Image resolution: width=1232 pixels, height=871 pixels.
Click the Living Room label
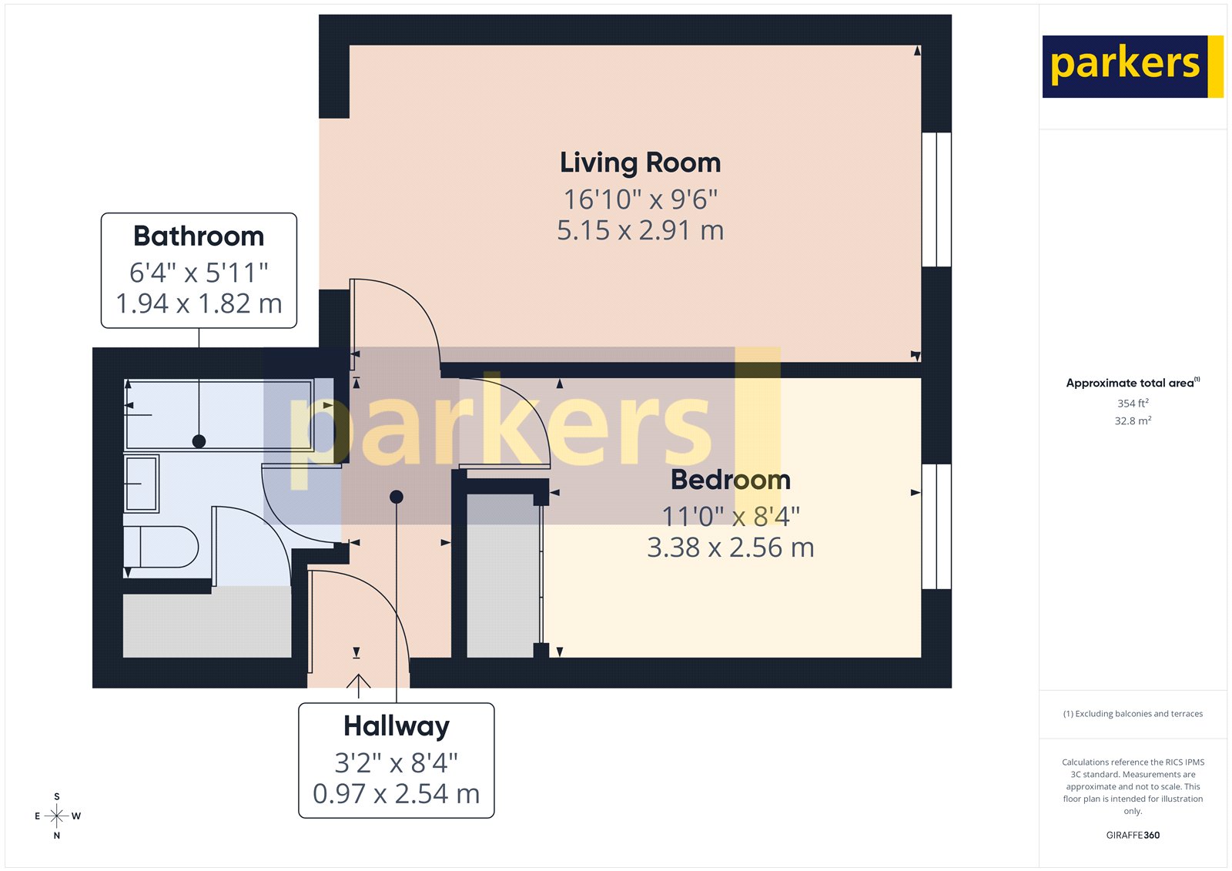click(x=640, y=162)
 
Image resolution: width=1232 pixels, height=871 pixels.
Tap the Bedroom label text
click(x=730, y=480)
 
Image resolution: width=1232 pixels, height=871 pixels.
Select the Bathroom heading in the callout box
click(x=199, y=236)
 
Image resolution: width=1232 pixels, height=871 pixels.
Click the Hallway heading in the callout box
click(x=396, y=725)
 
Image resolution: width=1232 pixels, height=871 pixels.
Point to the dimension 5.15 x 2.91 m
click(x=640, y=230)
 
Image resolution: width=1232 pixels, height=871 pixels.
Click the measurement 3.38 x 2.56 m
click(x=730, y=548)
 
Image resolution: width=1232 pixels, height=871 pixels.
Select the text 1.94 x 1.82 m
click(x=199, y=303)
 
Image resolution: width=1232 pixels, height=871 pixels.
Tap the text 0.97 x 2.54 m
click(x=396, y=793)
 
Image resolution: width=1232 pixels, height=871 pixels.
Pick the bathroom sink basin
click(x=142, y=484)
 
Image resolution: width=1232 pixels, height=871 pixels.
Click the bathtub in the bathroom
click(x=219, y=414)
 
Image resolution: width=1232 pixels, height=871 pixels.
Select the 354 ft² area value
click(x=1133, y=403)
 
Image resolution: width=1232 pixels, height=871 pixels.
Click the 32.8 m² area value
click(x=1133, y=420)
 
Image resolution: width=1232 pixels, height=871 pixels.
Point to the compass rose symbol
click(x=57, y=816)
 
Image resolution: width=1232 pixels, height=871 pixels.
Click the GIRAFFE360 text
click(x=1133, y=835)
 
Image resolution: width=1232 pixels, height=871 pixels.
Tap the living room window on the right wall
click(x=936, y=199)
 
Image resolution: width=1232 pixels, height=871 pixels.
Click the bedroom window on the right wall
click(x=936, y=526)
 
